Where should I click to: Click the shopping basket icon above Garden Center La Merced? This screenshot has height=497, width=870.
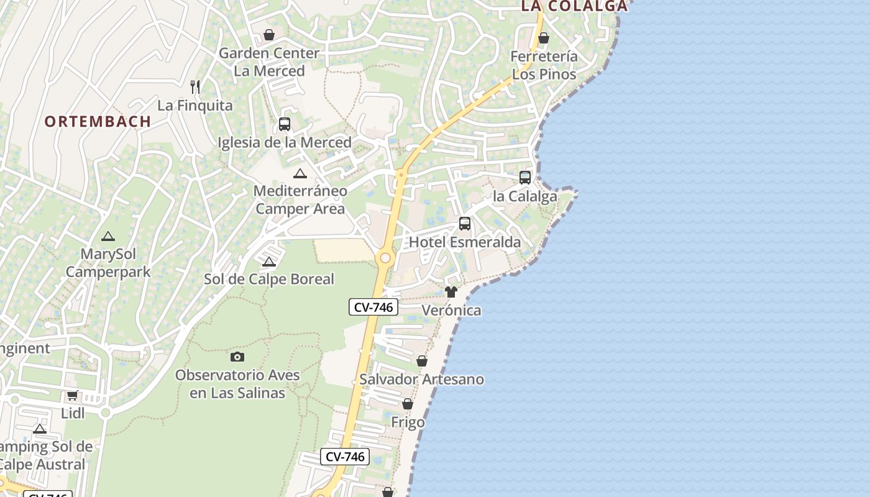click(269, 34)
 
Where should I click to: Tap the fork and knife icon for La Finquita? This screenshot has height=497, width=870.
click(195, 86)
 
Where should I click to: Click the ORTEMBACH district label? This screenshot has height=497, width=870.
click(98, 121)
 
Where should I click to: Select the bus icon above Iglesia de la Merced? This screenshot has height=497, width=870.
click(284, 124)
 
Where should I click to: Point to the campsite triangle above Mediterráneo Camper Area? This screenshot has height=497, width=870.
click(300, 173)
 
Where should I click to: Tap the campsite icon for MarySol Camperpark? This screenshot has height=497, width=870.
click(108, 236)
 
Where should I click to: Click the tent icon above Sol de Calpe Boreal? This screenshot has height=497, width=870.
click(269, 262)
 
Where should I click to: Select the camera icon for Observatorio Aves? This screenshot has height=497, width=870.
click(237, 357)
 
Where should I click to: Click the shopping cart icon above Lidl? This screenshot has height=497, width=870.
click(73, 395)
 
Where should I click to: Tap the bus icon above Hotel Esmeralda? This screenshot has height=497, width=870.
click(465, 224)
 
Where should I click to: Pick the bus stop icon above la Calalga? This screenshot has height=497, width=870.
click(525, 178)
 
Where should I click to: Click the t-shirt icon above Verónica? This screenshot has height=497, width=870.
click(451, 292)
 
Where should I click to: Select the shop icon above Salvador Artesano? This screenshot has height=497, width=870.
click(422, 361)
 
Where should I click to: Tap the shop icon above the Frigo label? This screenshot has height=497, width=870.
click(408, 404)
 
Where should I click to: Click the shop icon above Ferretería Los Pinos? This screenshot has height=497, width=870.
click(544, 38)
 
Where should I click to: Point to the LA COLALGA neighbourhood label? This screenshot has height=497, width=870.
click(574, 6)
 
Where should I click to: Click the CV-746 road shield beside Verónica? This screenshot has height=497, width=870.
click(373, 306)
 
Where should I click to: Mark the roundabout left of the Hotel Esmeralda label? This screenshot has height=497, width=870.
click(385, 257)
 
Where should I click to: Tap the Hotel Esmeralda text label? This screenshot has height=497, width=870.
click(465, 242)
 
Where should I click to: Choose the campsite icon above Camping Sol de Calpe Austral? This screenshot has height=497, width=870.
click(40, 429)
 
